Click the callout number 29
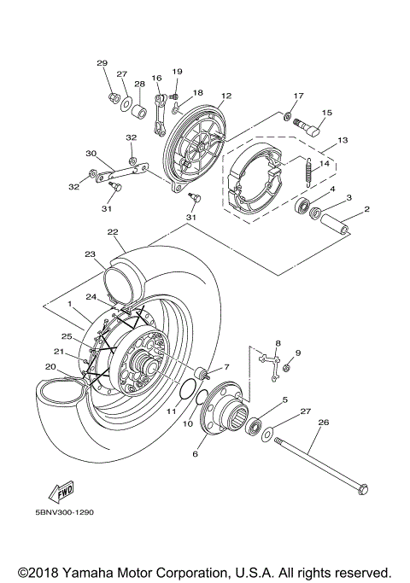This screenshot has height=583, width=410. point(102,64)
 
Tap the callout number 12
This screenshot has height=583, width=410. point(226,96)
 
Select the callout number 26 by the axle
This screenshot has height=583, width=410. point(323,421)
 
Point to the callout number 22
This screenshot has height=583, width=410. point(112,232)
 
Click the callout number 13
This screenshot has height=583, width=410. point(343,140)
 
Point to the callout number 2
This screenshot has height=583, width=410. point(366,209)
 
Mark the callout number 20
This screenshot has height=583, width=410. point(50,367)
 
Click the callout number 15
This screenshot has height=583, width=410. point(326,113)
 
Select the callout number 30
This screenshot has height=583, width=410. point(91,154)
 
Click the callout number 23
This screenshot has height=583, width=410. point(89,254)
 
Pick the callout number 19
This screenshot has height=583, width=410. point(178,72)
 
